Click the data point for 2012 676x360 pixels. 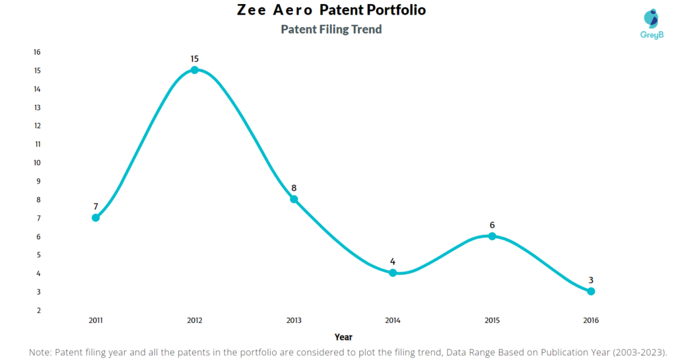coord(195,70)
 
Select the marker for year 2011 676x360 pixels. coord(96,217)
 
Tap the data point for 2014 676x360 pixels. coord(393,273)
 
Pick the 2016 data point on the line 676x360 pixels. coord(591,291)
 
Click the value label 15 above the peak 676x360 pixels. coord(195,59)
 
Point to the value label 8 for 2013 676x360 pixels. coord(294,188)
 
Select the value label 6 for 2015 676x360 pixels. coord(492,225)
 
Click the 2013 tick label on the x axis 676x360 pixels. coord(294,320)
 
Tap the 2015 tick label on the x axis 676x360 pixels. coord(492,320)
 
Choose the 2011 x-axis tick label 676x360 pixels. coord(96,320)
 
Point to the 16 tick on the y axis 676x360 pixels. coord(37,52)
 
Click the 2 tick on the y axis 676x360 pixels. coord(38,310)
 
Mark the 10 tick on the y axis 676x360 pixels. coord(37,162)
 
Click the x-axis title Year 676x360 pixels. coord(343,337)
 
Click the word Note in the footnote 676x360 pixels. coord(41,353)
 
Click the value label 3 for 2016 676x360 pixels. coord(591,281)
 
